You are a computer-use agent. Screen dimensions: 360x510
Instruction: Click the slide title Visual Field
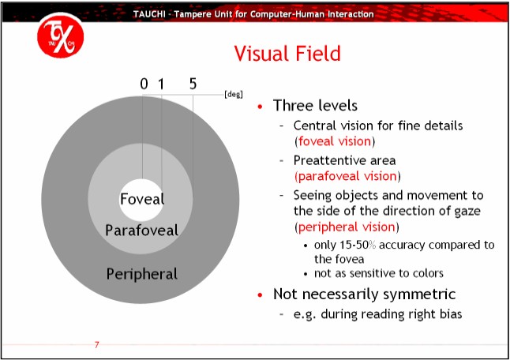[x=287, y=54]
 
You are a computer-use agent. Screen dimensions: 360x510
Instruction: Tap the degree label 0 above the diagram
[x=144, y=84]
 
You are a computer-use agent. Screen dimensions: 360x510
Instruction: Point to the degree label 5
[x=193, y=84]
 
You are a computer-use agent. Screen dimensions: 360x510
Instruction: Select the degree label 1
[x=161, y=84]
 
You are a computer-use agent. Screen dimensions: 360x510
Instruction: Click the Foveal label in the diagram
[x=142, y=198]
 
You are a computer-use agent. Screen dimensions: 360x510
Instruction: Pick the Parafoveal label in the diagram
[x=141, y=231]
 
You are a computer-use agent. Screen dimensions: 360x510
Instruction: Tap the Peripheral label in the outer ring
[x=142, y=274]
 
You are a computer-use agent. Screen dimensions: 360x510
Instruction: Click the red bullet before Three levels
[x=261, y=107]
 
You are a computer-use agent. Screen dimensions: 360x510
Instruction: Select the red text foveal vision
[x=335, y=142]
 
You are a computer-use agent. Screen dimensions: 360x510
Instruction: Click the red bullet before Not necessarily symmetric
[x=261, y=294]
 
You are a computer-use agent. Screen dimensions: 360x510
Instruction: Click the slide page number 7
[x=96, y=345]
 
